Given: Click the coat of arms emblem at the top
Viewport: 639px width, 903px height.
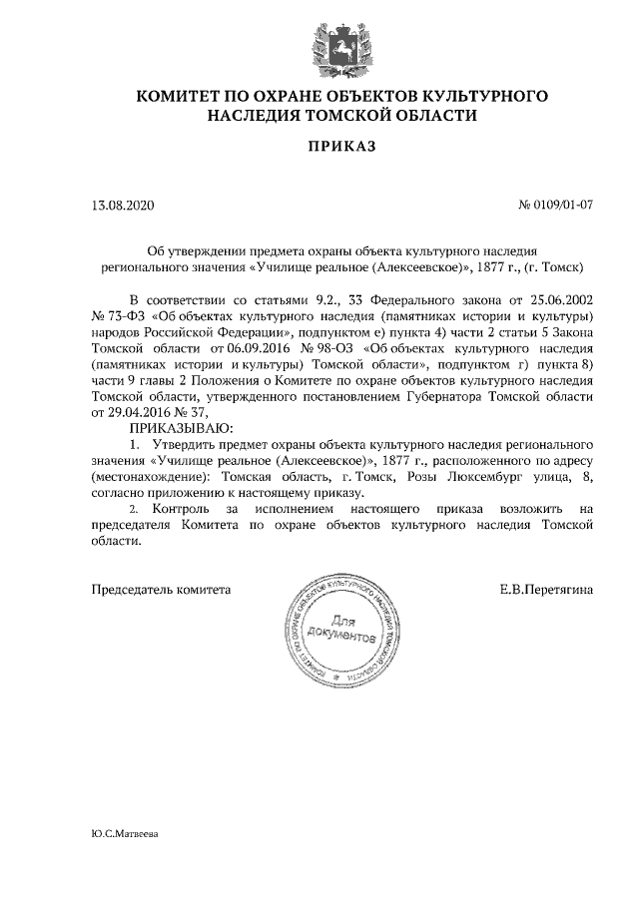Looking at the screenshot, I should (x=319, y=46).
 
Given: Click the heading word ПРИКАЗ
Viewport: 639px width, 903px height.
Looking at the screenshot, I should (x=319, y=148).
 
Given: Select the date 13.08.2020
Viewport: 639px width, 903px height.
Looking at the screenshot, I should (x=124, y=207).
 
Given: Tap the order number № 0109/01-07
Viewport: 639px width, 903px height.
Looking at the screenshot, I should (x=557, y=207).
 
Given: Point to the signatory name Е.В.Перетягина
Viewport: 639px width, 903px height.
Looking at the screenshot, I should (x=546, y=590).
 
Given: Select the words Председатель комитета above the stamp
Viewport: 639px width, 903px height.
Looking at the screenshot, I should (x=161, y=590).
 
